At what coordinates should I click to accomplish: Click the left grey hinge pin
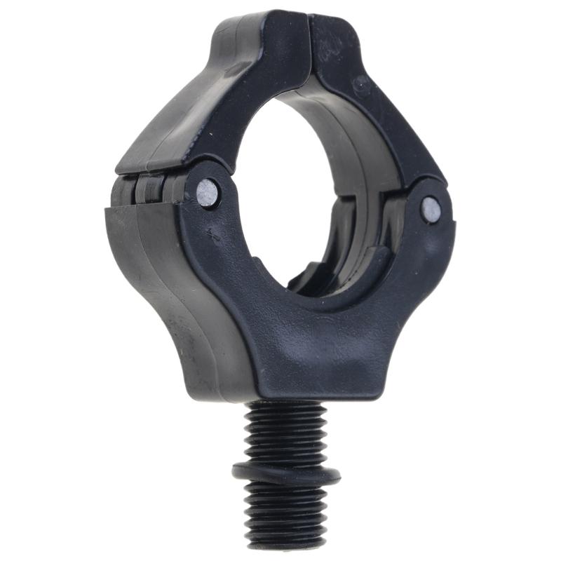point(208,194)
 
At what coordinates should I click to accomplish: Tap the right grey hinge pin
point(431,209)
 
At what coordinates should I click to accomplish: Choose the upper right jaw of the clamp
point(379,105)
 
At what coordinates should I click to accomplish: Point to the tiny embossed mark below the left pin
point(212,236)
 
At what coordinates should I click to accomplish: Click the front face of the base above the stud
point(309,351)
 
